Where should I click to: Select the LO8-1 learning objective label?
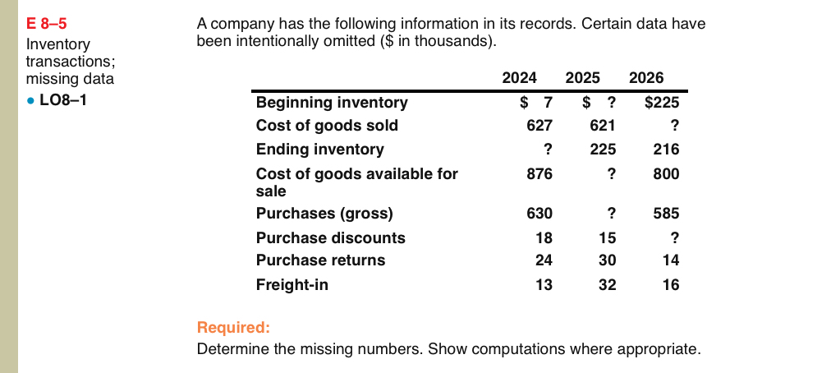(x=61, y=98)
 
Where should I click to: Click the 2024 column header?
(x=519, y=79)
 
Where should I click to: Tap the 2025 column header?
(x=582, y=79)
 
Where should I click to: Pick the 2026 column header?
(x=645, y=79)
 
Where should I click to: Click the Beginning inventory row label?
(x=332, y=103)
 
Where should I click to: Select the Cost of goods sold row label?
(x=327, y=126)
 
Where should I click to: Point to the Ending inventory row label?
(x=319, y=150)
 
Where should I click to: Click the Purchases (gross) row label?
(x=324, y=214)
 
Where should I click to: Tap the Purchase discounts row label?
(x=330, y=237)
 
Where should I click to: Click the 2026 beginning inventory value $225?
(x=661, y=103)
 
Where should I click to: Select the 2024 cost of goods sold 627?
(x=539, y=126)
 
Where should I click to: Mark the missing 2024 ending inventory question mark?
(x=547, y=150)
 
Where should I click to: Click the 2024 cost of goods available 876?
(x=539, y=174)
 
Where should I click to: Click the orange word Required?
(x=233, y=328)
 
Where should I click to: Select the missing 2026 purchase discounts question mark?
(x=674, y=237)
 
